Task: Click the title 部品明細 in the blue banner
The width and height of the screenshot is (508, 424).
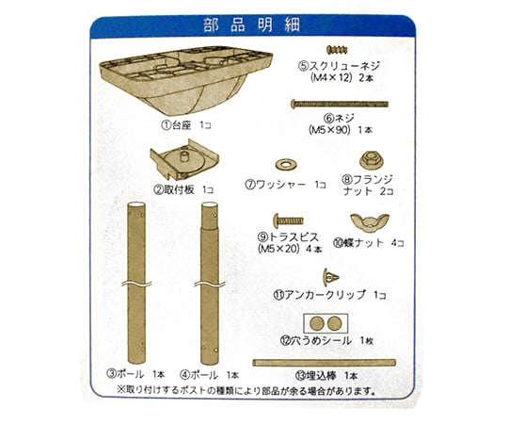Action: tap(251, 25)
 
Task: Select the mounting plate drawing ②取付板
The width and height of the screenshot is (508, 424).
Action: tap(184, 159)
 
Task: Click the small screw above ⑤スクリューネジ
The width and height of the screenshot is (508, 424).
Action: tap(337, 50)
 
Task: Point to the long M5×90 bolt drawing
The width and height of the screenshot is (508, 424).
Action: tap(340, 105)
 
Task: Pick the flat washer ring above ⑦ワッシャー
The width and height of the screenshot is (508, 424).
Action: tap(286, 165)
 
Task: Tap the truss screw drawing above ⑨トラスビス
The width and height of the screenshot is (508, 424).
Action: tap(288, 220)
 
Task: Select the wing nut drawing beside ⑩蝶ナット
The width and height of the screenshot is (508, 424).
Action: tap(370, 222)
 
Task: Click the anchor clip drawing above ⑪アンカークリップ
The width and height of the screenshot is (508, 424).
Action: tap(330, 278)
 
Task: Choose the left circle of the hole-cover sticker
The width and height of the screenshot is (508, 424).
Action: tap(317, 323)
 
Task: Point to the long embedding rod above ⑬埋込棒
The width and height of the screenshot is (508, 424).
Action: tap(324, 363)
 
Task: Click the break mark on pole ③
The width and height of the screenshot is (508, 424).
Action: tap(136, 284)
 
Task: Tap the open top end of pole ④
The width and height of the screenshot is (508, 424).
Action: tap(209, 205)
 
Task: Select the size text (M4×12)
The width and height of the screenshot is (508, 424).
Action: tap(331, 78)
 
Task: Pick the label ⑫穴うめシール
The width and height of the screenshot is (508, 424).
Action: tap(316, 341)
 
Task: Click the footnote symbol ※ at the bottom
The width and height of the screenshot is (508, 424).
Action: tap(121, 389)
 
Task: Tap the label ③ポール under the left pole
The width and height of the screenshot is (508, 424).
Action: tap(125, 374)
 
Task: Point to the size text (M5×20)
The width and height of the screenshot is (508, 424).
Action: tap(278, 249)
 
